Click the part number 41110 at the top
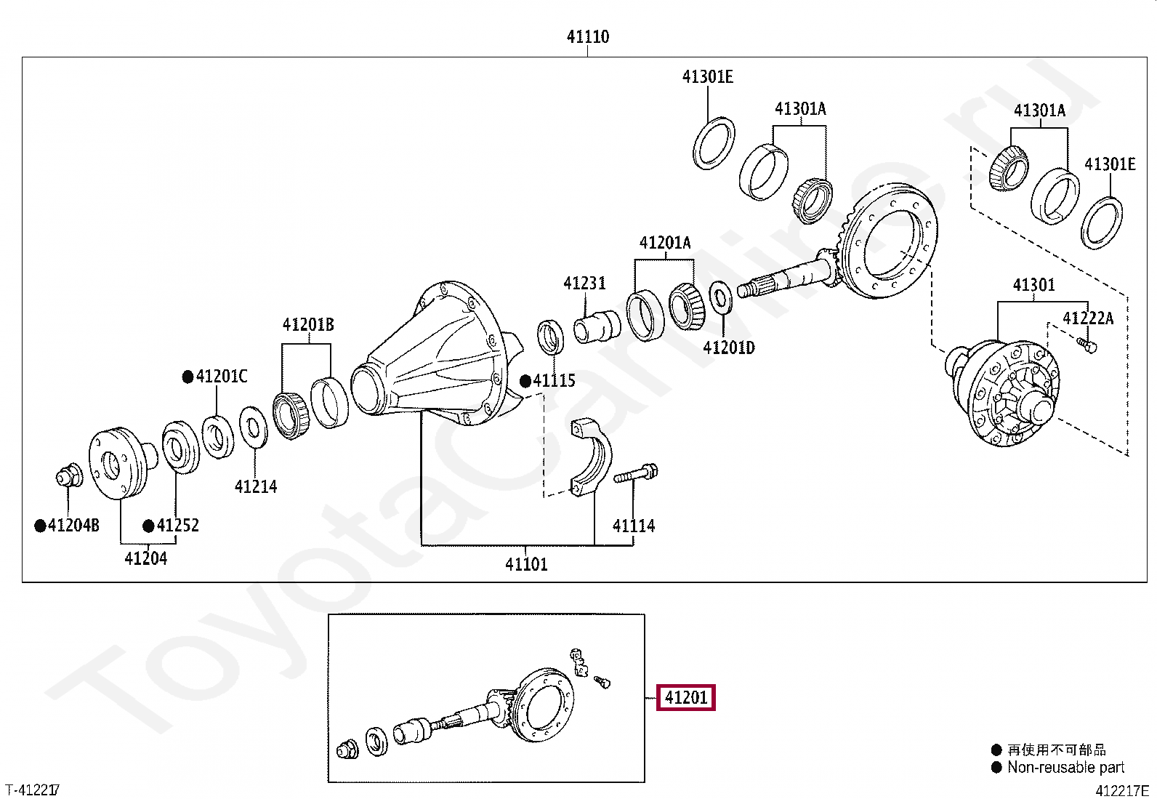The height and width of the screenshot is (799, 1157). [x=588, y=36]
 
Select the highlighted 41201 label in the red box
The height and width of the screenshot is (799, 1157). [x=686, y=698]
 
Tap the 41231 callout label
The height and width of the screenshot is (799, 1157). [x=584, y=284]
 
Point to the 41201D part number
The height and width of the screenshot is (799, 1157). [x=729, y=348]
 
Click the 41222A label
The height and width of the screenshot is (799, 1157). [x=1088, y=318]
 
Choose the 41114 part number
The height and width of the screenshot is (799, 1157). [x=634, y=526]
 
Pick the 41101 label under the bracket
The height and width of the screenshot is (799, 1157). [x=526, y=564]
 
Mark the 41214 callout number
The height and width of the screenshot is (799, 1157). [x=256, y=487]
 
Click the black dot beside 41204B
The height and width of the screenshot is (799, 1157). [x=40, y=526]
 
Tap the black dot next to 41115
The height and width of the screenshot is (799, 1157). [x=525, y=382]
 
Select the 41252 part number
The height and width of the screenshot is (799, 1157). [x=177, y=526]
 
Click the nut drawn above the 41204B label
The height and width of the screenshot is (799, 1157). [x=69, y=475]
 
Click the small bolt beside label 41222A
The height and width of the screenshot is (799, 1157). [x=1087, y=345]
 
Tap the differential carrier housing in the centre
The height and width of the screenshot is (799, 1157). [x=437, y=354]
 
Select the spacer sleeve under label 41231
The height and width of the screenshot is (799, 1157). [x=597, y=326]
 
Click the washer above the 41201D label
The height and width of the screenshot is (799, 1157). [x=720, y=297]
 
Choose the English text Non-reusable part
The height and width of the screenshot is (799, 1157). [x=1065, y=768]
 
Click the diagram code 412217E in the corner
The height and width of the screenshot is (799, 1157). [x=1121, y=791]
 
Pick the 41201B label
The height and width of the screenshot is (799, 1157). [x=308, y=325]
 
